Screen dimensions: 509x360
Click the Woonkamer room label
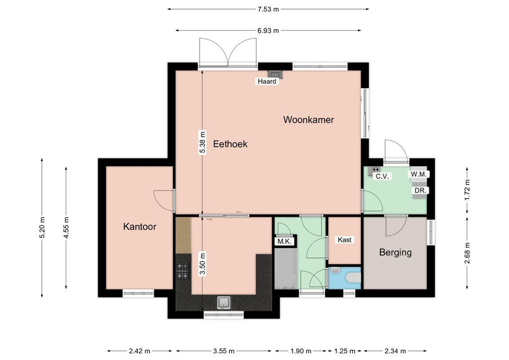click(x=308, y=120)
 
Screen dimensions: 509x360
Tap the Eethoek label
click(x=230, y=144)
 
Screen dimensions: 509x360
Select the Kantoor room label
click(x=139, y=226)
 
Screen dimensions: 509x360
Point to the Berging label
click(x=395, y=252)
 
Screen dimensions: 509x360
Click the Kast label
click(x=344, y=240)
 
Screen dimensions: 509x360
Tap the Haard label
click(x=267, y=81)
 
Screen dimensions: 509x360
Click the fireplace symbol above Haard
click(x=275, y=74)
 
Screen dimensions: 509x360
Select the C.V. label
click(x=382, y=176)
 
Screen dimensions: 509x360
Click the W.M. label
click(x=419, y=174)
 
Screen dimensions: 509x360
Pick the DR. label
click(x=420, y=190)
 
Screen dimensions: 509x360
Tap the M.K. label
click(x=284, y=242)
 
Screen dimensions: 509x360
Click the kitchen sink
click(x=224, y=302)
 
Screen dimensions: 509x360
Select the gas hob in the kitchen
click(x=183, y=271)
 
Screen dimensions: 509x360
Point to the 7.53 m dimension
click(x=268, y=9)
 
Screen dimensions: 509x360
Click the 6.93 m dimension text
click(x=268, y=31)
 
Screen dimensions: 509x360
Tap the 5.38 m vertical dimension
click(x=202, y=142)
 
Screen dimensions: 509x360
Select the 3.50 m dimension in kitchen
click(x=202, y=264)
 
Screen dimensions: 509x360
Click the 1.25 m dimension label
click(x=345, y=351)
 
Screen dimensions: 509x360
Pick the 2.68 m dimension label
click(x=467, y=253)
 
